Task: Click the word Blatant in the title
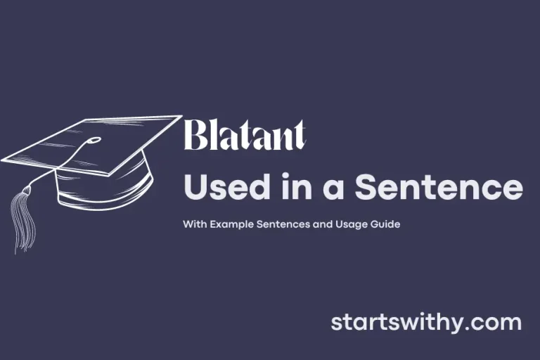coord(245,136)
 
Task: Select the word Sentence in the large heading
coord(438,188)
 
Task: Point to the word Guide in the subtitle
coord(385,226)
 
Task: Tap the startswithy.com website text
coord(426,323)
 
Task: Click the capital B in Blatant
coord(195,136)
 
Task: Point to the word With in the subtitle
coord(193,226)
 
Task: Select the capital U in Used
coord(195,188)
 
